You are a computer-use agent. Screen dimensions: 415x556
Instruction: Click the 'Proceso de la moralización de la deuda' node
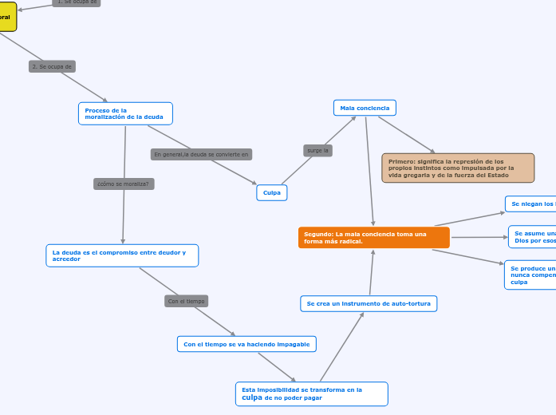(x=125, y=113)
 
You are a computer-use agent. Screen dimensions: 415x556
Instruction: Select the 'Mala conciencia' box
(x=365, y=108)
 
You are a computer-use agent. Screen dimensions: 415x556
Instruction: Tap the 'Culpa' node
(x=272, y=192)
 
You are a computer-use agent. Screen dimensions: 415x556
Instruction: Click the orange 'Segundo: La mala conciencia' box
(x=373, y=238)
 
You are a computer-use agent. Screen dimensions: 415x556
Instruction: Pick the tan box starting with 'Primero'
(x=458, y=168)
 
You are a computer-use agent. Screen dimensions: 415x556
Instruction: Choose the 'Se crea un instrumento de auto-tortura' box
(x=369, y=304)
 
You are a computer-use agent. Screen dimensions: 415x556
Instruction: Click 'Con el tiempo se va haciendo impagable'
(x=246, y=344)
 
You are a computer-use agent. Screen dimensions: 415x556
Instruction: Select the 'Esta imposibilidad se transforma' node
(x=312, y=393)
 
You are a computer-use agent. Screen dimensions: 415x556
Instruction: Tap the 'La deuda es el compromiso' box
(x=122, y=255)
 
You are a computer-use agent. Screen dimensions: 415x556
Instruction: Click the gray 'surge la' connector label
(x=318, y=150)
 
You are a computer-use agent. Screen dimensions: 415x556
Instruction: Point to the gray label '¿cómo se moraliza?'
(x=124, y=184)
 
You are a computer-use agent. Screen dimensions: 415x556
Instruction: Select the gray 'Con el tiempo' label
(x=186, y=301)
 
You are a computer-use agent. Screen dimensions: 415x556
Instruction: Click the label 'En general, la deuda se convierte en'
(x=202, y=154)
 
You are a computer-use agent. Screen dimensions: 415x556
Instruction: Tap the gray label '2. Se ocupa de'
(x=52, y=66)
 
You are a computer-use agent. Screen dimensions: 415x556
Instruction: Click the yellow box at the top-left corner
(x=7, y=16)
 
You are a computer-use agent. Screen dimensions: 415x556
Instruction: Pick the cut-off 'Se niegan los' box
(x=531, y=204)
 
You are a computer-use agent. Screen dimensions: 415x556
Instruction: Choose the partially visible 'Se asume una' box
(x=533, y=237)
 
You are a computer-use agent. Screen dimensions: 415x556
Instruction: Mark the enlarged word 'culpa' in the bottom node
(x=252, y=397)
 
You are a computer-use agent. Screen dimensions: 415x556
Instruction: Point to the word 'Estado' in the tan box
(x=498, y=175)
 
